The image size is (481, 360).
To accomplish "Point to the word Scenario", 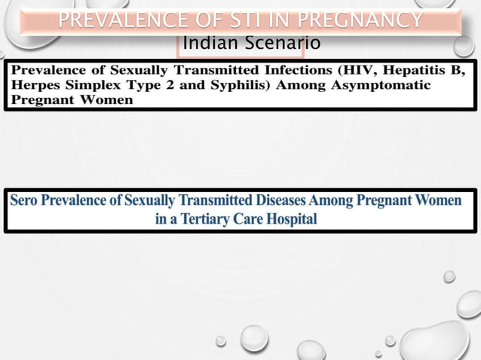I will point(279,44).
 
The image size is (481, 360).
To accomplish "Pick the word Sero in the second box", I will point(23,201).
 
